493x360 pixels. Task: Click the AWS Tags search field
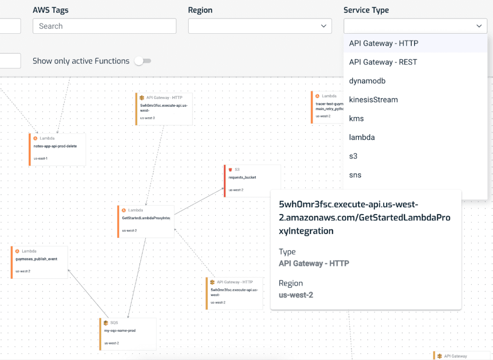click(104, 26)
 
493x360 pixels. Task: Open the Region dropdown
click(259, 26)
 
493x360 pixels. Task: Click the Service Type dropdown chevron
click(479, 26)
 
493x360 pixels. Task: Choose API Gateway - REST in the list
click(383, 62)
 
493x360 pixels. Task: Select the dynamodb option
click(367, 81)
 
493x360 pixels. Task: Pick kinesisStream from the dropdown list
click(373, 100)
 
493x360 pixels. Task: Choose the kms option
click(356, 118)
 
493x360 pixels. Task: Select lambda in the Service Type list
click(362, 137)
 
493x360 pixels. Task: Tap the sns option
click(355, 175)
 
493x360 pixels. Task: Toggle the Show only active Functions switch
click(143, 61)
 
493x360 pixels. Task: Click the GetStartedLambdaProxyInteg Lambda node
click(146, 221)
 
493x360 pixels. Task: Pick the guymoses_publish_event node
click(39, 262)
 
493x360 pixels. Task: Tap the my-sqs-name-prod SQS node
click(128, 333)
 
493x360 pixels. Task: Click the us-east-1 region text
click(40, 158)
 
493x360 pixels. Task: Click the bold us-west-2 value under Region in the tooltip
click(296, 295)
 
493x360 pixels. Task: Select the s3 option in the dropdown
click(353, 156)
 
